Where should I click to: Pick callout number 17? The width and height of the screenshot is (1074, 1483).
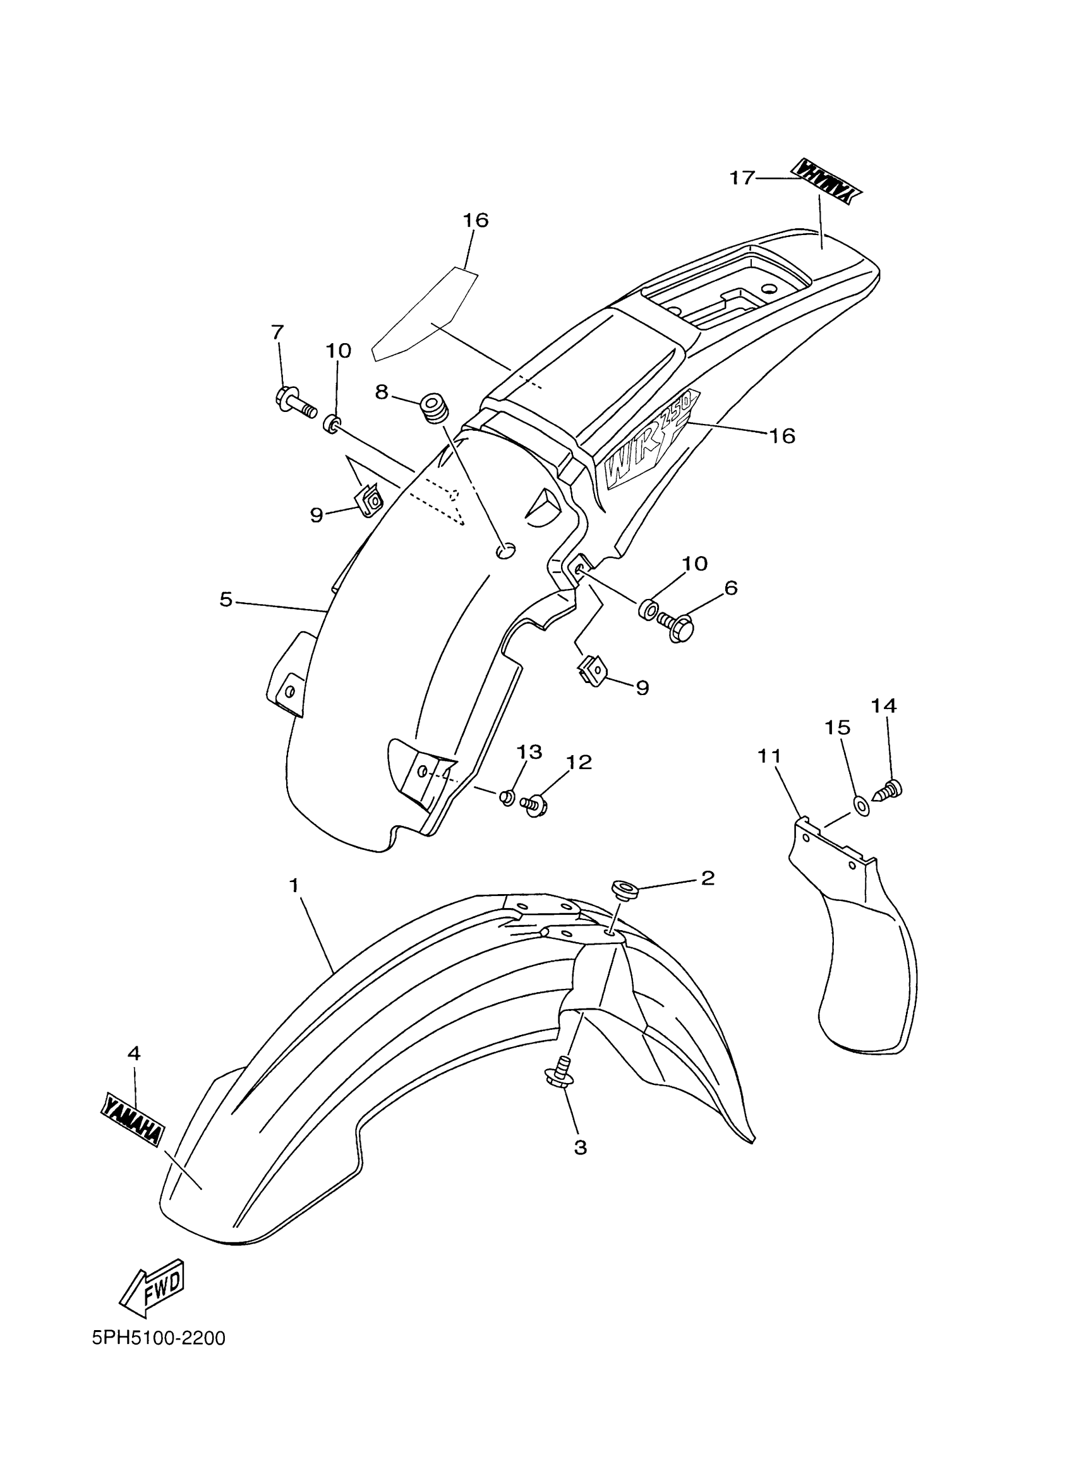point(742,177)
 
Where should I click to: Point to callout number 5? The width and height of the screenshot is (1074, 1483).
point(226,599)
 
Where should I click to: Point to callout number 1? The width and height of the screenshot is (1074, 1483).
point(294,885)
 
